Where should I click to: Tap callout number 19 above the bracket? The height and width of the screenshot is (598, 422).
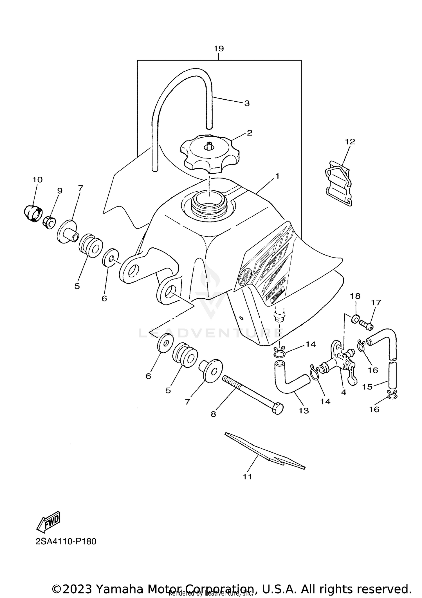pos(219,49)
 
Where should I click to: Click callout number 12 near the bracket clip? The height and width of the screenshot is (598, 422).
pos(350,142)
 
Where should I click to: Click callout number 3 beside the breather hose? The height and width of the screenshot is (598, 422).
pos(247,103)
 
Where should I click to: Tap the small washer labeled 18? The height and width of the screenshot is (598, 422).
pos(355,318)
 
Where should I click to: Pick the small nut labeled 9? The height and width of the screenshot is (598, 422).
pos(49,223)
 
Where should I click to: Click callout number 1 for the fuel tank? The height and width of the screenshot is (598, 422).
pos(277,176)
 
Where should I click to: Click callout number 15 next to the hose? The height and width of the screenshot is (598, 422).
pos(367,387)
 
